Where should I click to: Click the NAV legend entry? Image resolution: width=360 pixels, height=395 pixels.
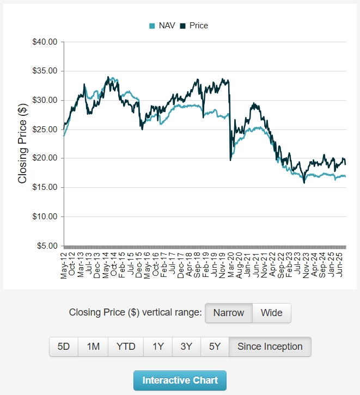click(x=162, y=26)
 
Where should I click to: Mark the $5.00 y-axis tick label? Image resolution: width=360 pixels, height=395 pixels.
click(x=47, y=246)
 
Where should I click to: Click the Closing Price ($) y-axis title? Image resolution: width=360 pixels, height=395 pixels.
click(x=23, y=144)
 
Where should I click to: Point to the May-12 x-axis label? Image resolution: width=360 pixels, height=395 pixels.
click(x=64, y=264)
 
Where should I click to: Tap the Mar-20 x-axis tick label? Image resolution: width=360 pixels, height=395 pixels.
click(x=231, y=264)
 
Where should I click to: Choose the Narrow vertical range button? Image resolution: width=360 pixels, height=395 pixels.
click(x=229, y=313)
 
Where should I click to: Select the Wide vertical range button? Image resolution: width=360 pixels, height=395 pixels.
click(x=272, y=313)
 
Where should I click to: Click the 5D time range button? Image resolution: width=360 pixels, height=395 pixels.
click(x=64, y=347)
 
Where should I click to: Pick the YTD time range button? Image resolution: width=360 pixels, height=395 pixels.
click(x=126, y=347)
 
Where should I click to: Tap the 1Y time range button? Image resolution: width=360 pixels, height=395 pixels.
click(x=158, y=347)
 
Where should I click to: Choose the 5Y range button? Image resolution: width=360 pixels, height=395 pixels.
click(x=215, y=347)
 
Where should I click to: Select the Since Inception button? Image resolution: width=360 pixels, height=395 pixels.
click(x=270, y=347)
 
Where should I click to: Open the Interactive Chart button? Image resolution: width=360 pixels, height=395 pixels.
click(x=180, y=380)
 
